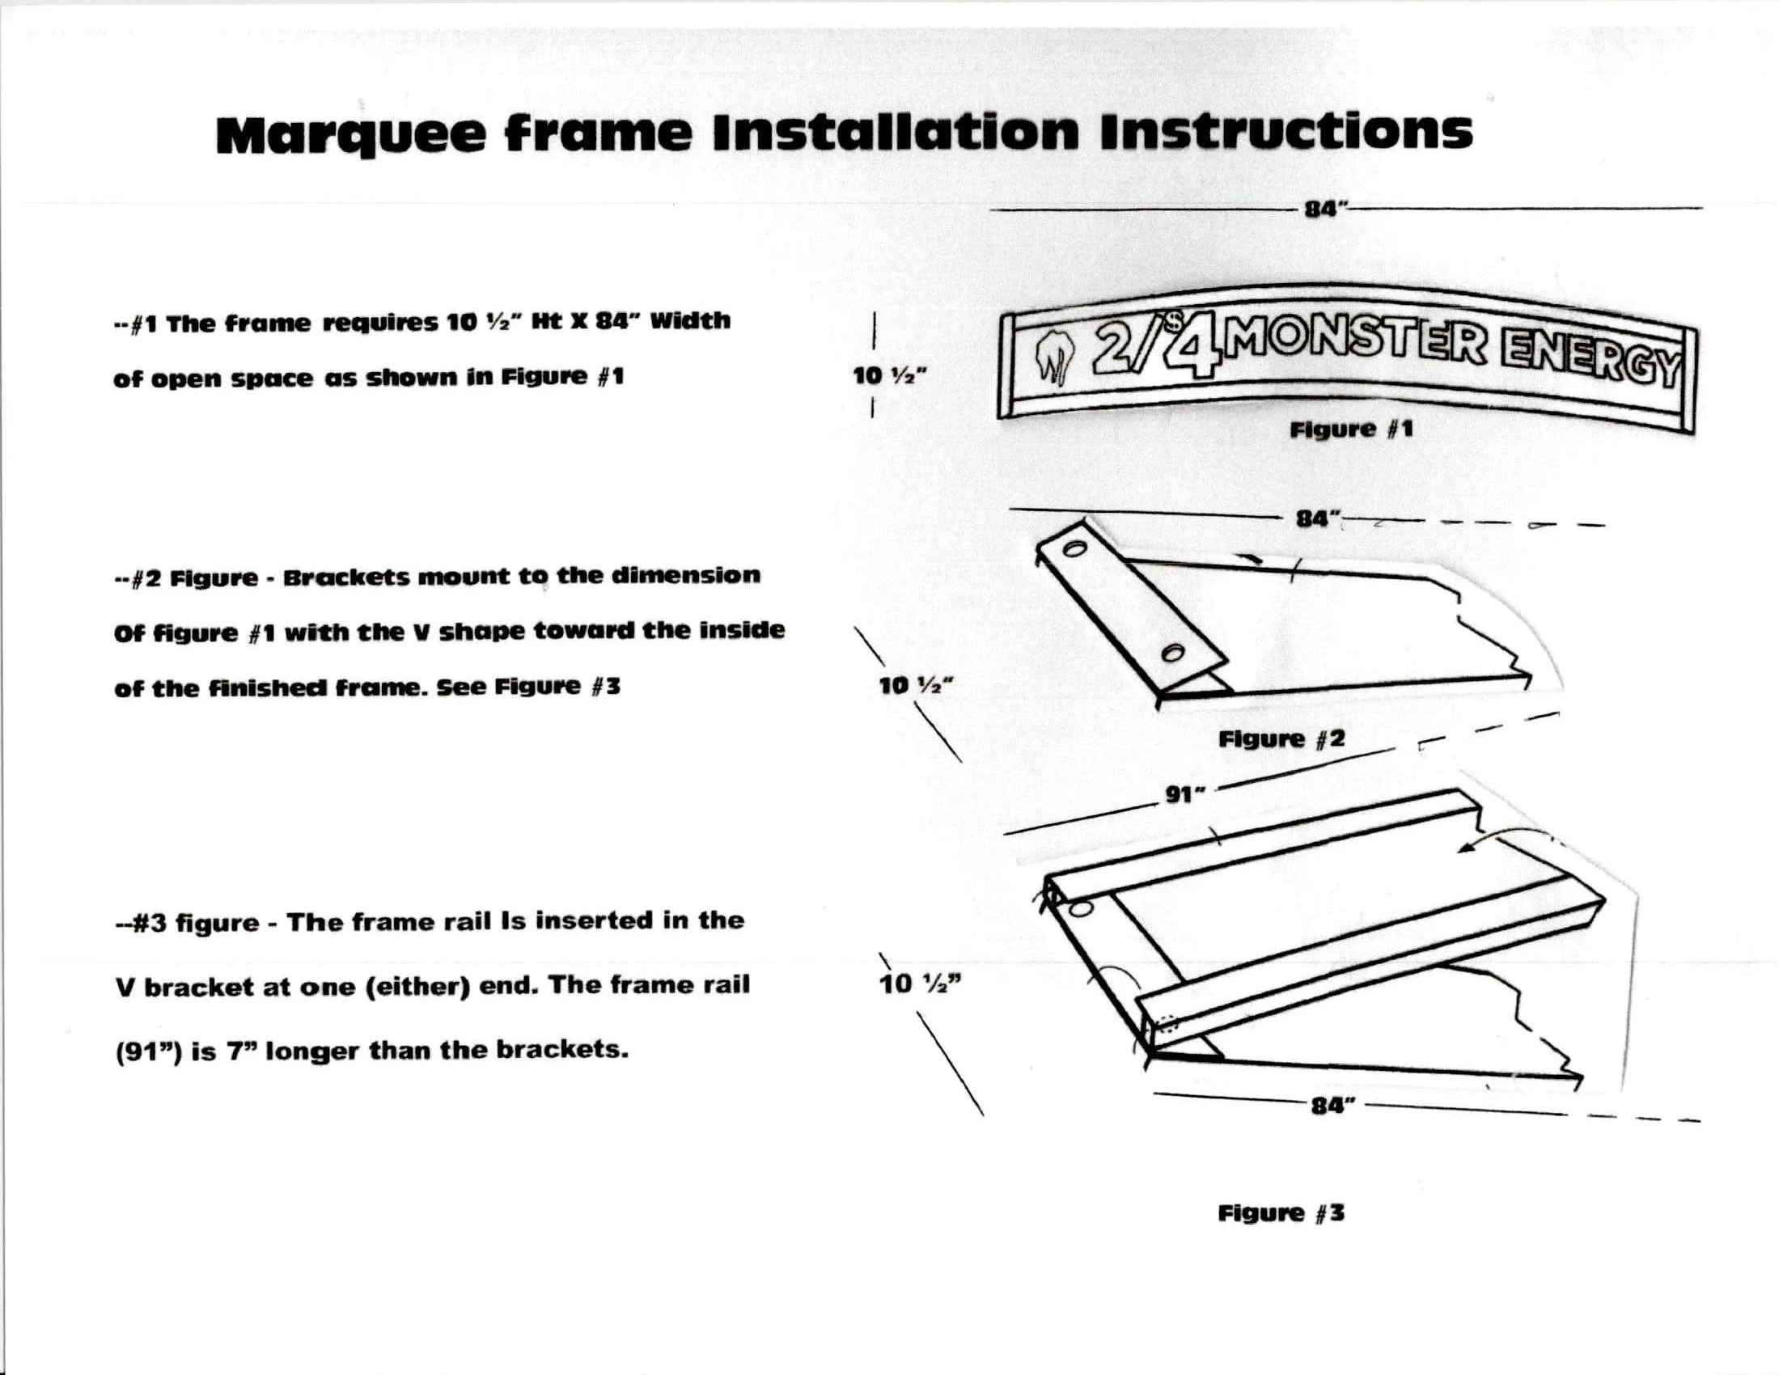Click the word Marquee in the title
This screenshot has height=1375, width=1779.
351,133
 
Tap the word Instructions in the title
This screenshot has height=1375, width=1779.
1286,132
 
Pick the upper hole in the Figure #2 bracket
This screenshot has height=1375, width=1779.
1075,549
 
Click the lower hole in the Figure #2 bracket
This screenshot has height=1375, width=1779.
1173,653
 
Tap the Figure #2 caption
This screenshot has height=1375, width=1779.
1281,738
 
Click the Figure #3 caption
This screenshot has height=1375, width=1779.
1281,1213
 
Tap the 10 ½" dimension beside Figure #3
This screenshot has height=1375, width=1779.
920,984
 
